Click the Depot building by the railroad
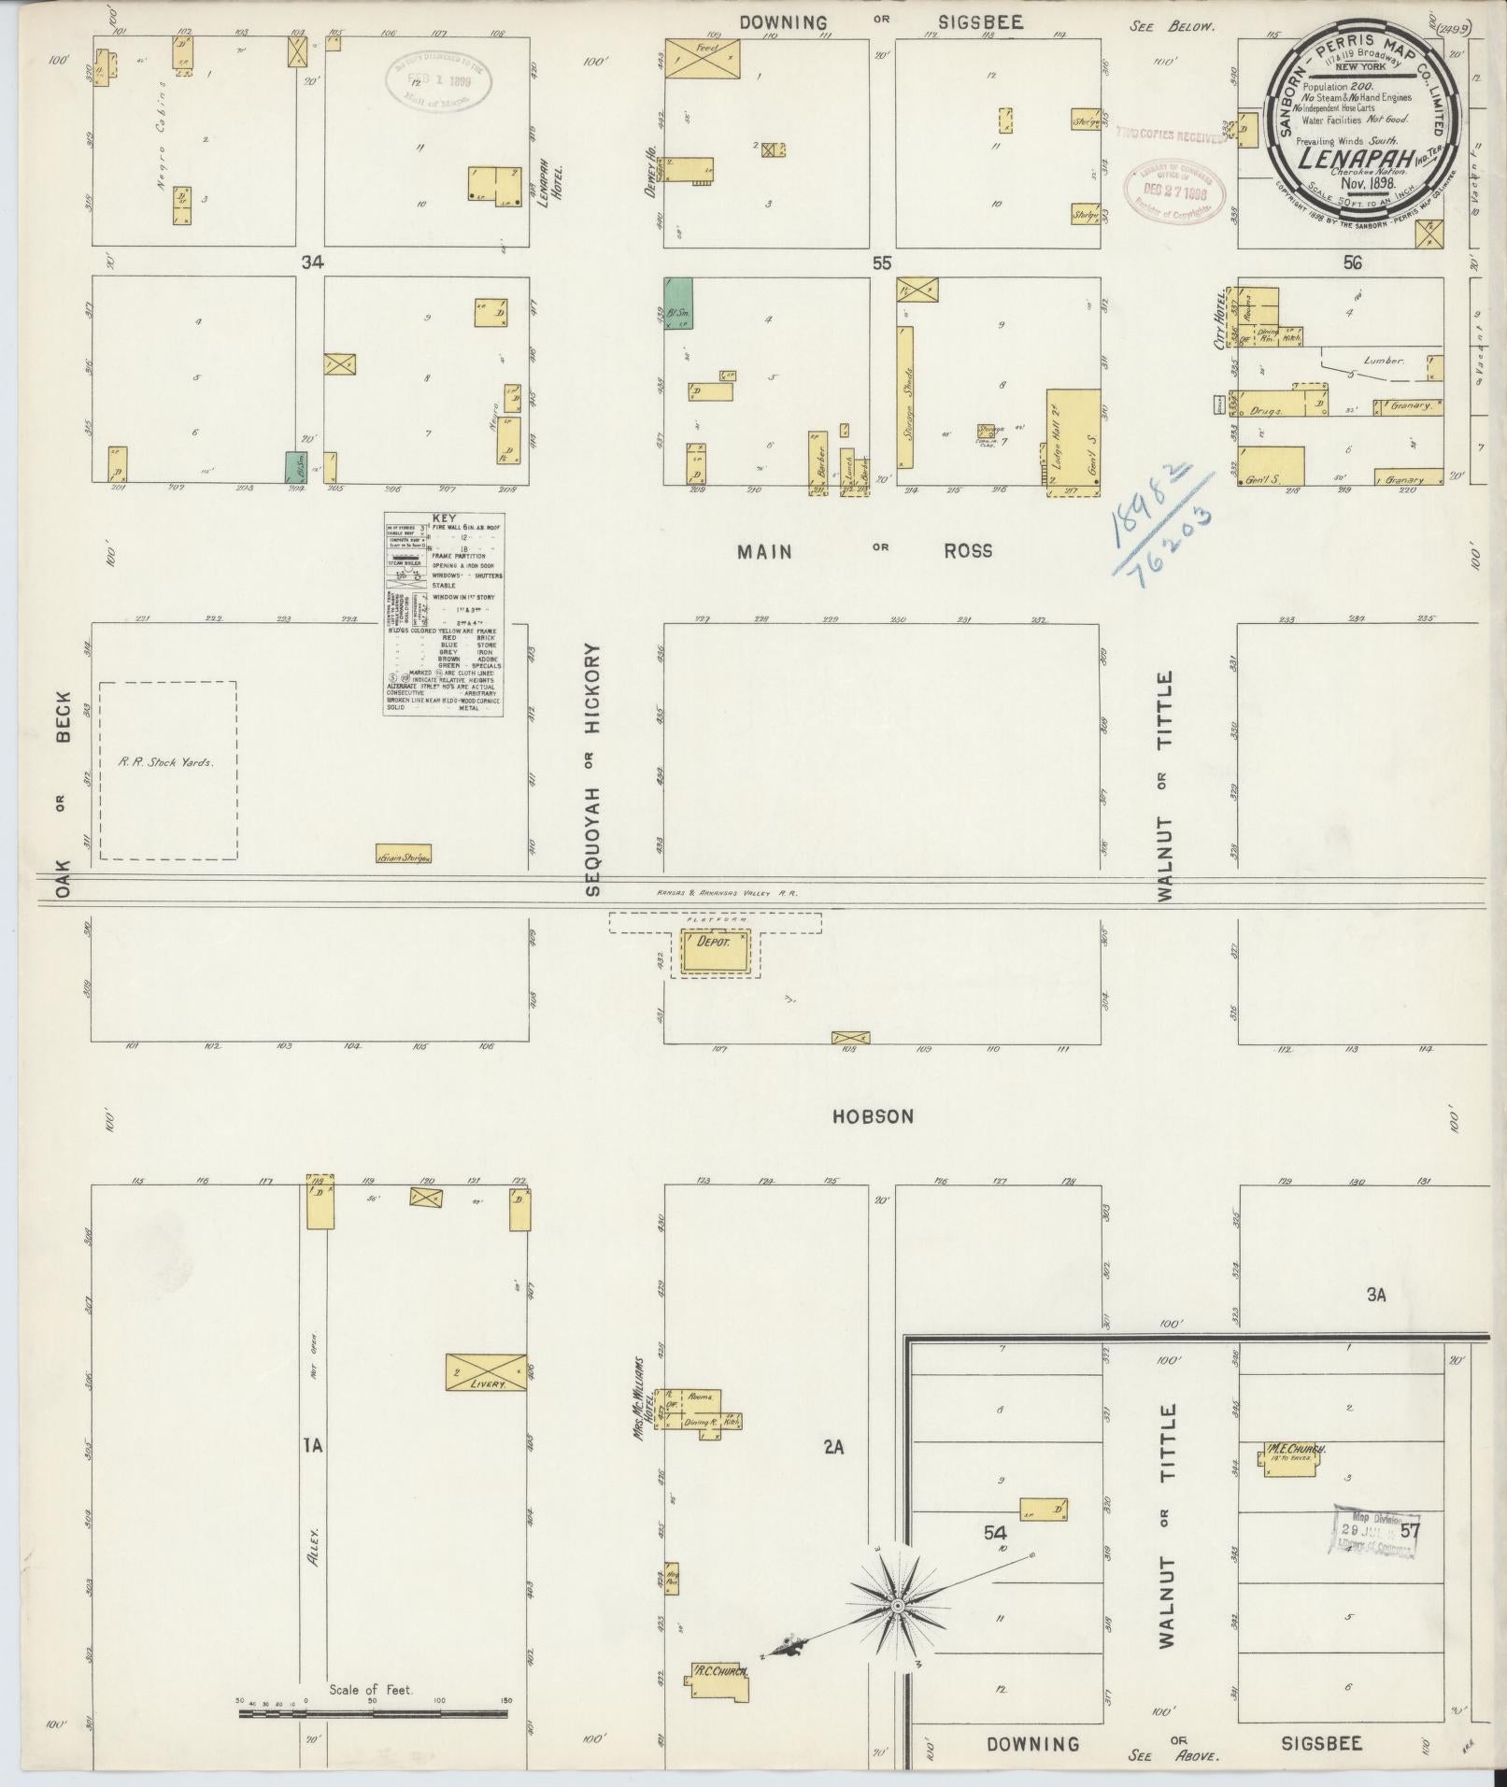(715, 954)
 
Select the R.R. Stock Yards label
(166, 761)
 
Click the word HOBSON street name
(874, 1116)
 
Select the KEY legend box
(445, 614)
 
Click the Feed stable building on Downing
(703, 58)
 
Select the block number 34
(311, 264)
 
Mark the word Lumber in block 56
(1385, 359)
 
